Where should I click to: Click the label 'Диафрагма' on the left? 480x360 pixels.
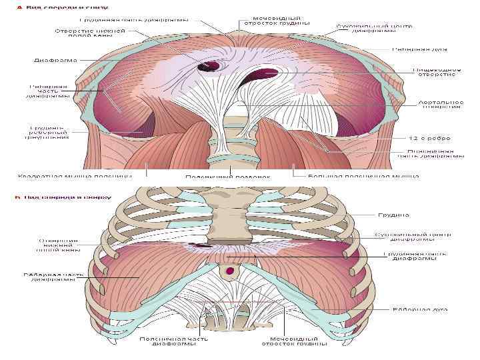click(x=55, y=60)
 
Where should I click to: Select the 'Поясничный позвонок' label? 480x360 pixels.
click(x=228, y=177)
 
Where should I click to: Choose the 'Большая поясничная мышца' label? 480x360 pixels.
click(x=363, y=176)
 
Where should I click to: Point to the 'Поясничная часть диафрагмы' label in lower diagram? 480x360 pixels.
click(x=174, y=341)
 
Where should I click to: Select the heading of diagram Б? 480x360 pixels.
click(x=53, y=197)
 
